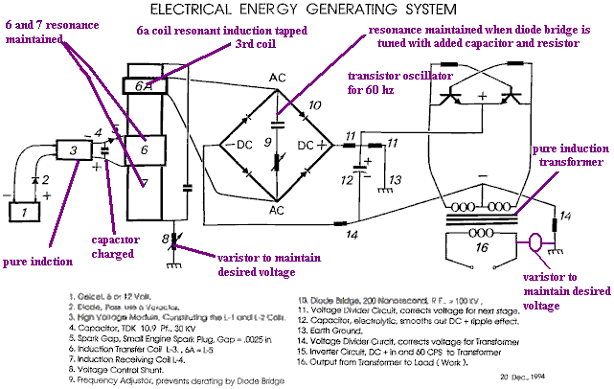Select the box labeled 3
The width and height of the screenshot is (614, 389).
click(x=70, y=150)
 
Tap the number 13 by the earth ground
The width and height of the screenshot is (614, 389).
click(x=394, y=179)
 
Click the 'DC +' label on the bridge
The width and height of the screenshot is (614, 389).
click(x=312, y=144)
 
